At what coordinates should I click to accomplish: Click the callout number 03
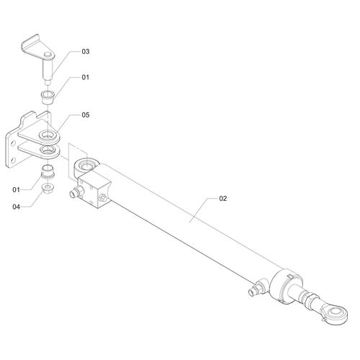[86, 51]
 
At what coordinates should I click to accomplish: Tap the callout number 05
[86, 115]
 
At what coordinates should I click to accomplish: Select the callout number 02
[222, 199]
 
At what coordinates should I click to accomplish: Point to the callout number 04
[16, 207]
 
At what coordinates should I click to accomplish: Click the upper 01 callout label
[86, 77]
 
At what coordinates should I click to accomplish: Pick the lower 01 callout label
[16, 190]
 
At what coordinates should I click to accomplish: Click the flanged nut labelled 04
[48, 188]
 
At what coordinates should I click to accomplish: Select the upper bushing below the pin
[48, 97]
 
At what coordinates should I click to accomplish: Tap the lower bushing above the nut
[48, 171]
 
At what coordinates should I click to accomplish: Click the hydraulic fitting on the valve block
[76, 191]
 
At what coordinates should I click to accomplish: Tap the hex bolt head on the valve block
[102, 198]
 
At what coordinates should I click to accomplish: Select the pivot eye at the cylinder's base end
[86, 166]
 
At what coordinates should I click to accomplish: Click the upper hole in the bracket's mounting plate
[14, 143]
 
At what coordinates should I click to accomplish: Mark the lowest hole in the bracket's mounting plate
[14, 160]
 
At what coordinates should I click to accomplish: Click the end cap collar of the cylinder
[285, 287]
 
